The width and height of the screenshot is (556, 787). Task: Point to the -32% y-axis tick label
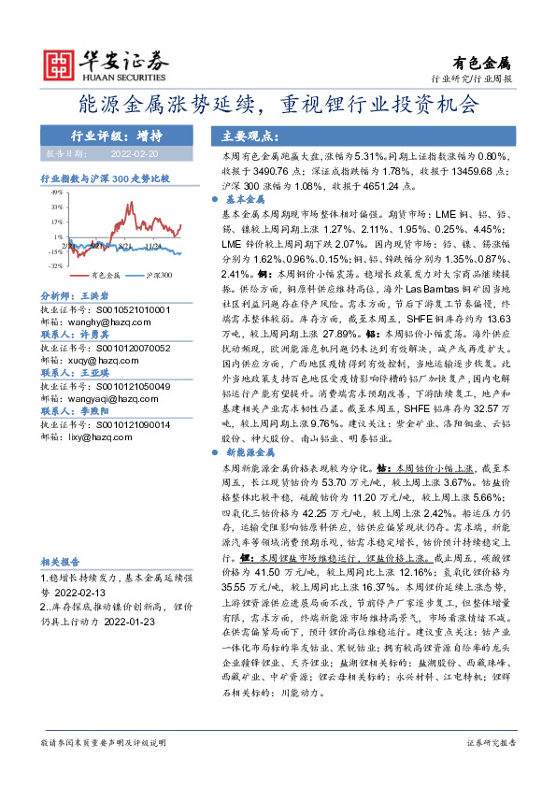[57, 265]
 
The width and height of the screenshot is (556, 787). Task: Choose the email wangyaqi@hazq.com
[99, 398]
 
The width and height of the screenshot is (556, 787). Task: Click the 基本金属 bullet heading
[247, 200]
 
